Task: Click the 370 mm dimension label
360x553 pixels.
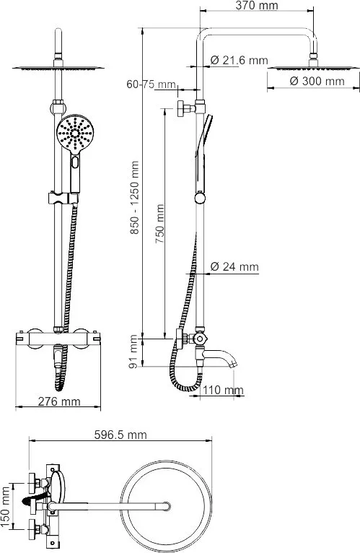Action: (256, 5)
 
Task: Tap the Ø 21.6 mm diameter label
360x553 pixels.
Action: (239, 61)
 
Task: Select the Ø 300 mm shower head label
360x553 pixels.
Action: (317, 81)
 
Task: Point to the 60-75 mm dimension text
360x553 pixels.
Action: (151, 84)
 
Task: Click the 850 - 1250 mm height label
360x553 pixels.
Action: (134, 198)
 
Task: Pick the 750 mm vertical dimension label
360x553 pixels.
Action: (159, 224)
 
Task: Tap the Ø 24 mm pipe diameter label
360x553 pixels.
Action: (234, 266)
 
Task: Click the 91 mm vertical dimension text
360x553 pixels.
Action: (133, 352)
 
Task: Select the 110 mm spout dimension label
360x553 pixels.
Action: (223, 390)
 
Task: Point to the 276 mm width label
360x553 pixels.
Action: (59, 401)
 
